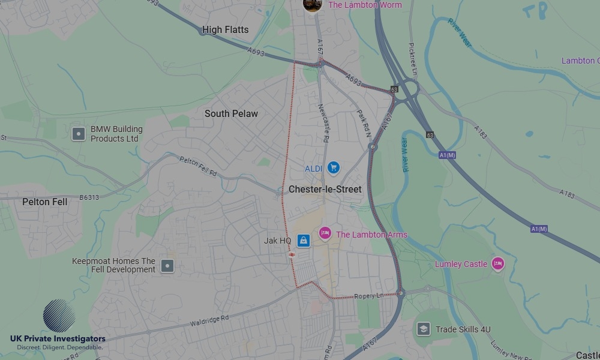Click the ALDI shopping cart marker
point(334,168)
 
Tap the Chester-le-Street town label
point(325,189)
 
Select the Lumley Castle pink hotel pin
point(497,263)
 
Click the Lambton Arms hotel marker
point(325,233)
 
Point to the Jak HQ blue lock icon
point(304,241)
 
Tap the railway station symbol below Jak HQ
point(292,254)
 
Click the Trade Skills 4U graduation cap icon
point(424,329)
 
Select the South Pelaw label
point(231,113)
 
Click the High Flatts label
point(225,29)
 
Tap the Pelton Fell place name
point(45,202)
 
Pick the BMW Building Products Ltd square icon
point(79,133)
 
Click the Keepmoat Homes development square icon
point(168,265)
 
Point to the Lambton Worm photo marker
point(312,5)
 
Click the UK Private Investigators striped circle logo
point(59,316)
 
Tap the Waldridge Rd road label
point(209,322)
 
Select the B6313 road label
point(89,197)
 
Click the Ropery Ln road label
point(368,296)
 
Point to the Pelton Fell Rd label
point(198,166)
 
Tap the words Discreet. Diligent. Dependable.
point(59,347)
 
